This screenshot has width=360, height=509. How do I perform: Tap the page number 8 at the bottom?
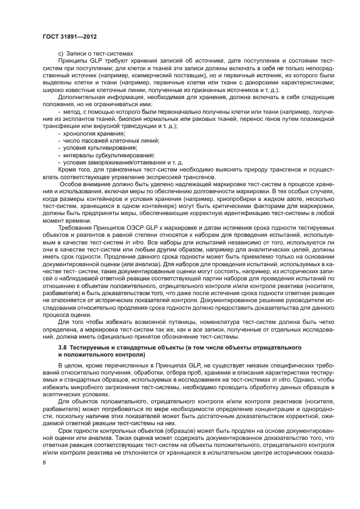44,462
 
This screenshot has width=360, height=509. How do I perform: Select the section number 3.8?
63,347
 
